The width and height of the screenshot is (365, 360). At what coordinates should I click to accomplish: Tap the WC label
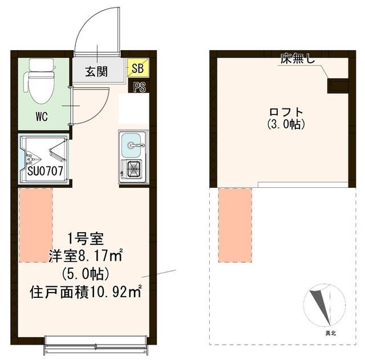point(42,118)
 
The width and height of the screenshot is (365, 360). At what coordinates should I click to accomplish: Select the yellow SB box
point(137,69)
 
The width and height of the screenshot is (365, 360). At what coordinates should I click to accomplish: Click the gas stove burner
point(133,168)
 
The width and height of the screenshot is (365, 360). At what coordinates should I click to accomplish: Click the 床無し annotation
point(297,58)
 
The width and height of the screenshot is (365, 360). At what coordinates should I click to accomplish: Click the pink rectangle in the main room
point(35,225)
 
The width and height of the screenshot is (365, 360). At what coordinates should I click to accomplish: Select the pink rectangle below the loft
point(235,225)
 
